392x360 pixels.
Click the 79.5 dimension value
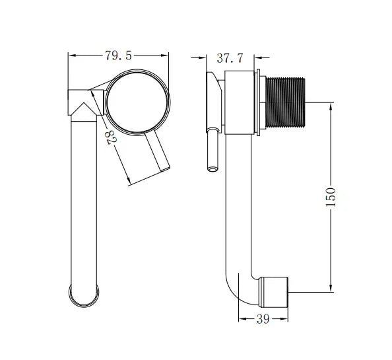tap(118, 56)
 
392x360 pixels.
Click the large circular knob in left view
tap(138, 101)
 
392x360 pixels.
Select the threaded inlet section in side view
tap(288, 102)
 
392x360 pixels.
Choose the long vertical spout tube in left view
tap(84, 198)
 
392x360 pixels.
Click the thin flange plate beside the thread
tap(263, 102)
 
